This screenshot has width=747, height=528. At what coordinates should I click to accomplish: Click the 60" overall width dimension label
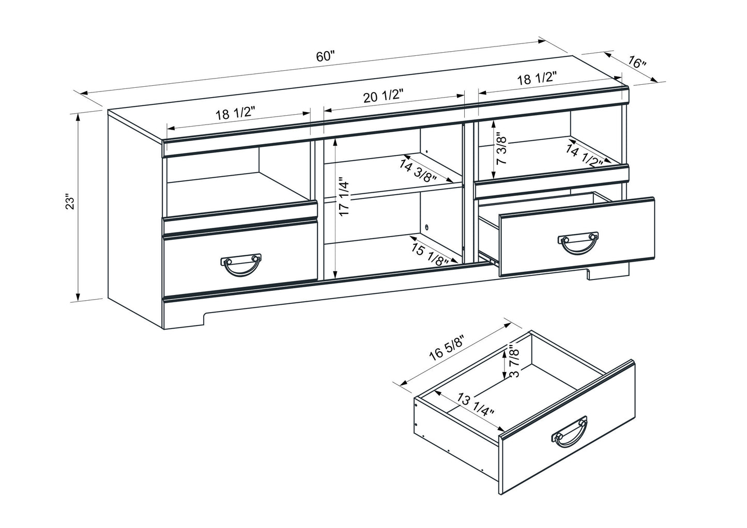coord(326,56)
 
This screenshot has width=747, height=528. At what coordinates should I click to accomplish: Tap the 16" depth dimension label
coord(637,63)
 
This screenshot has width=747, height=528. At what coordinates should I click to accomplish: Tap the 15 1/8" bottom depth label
coord(430,254)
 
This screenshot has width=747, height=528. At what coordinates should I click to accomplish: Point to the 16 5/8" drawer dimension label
coord(447,347)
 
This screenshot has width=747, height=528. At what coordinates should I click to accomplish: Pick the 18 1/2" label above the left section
coord(236,114)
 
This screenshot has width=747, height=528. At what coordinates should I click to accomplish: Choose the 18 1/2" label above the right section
coord(537,79)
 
